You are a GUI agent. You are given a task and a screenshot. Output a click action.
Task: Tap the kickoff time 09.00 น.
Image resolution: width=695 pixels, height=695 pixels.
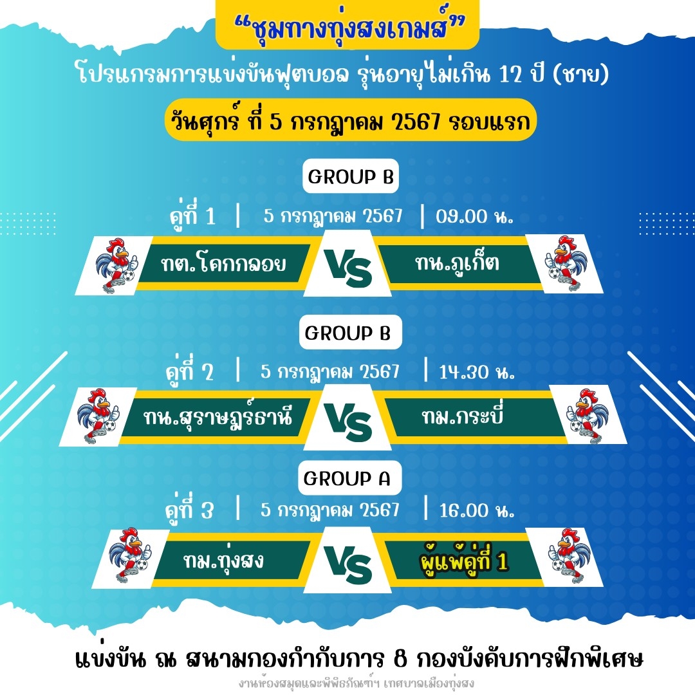click(x=474, y=216)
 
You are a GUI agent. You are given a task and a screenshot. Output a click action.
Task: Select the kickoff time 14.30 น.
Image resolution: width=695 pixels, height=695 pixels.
click(x=476, y=372)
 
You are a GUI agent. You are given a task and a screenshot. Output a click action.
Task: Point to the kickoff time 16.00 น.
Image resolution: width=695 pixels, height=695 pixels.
click(x=476, y=510)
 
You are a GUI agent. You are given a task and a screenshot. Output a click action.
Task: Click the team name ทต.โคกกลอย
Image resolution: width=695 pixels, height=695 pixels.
click(x=223, y=264)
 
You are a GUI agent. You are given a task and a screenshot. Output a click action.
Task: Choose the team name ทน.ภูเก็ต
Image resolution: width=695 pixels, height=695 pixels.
click(x=457, y=263)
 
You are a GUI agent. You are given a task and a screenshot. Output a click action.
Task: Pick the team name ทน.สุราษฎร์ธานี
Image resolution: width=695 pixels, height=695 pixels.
click(x=218, y=416)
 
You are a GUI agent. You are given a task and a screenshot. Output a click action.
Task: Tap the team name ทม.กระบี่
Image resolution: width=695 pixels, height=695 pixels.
click(x=462, y=415)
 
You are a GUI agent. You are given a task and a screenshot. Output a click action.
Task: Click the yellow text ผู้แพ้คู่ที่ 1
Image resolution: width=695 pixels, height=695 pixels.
click(x=463, y=560)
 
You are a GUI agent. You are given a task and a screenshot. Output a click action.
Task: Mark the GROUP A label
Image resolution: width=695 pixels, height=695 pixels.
click(x=347, y=478)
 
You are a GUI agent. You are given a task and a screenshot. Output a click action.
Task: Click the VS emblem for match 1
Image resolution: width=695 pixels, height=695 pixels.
click(x=348, y=268)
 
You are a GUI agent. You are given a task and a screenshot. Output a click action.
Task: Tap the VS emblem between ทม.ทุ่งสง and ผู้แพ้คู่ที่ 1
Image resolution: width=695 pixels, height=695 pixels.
click(x=348, y=564)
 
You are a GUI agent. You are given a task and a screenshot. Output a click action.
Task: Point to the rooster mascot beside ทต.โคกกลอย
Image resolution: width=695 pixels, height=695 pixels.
click(x=116, y=265)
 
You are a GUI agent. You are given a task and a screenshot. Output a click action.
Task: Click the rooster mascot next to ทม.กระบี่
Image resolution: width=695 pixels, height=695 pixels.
click(x=587, y=415)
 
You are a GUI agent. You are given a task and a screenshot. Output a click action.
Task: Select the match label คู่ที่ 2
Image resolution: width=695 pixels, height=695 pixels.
click(x=190, y=370)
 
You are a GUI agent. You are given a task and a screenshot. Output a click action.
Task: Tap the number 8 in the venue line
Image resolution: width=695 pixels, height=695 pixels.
click(x=400, y=659)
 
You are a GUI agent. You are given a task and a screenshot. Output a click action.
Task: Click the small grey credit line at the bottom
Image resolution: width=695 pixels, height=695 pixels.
click(x=357, y=683)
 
